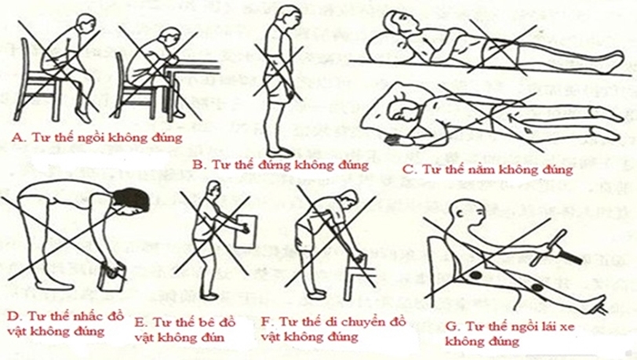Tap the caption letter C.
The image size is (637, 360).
tap(406, 167)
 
